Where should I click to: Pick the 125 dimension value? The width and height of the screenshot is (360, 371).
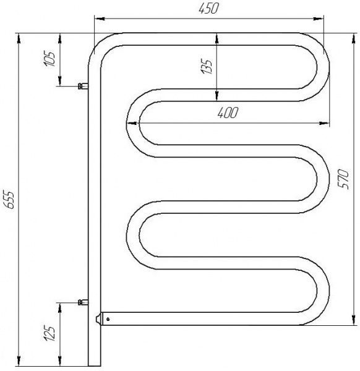click(51, 333)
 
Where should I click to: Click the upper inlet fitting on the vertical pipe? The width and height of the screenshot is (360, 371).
click(80, 87)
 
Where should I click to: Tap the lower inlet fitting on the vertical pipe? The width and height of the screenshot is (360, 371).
click(80, 302)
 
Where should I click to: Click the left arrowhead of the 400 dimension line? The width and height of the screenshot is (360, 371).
click(131, 122)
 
